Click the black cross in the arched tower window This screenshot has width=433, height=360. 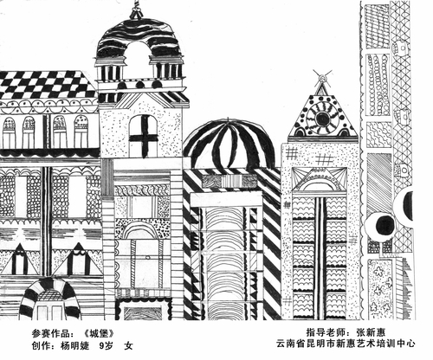(x=144, y=137)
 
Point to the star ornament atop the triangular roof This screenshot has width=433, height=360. (x=322, y=77)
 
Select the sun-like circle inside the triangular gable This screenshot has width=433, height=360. (x=322, y=118)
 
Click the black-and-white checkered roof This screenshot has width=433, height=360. (x=48, y=84)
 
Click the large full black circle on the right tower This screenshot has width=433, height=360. (x=385, y=225)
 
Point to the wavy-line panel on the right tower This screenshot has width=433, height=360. (x=379, y=135)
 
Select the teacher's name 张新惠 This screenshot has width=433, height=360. (x=371, y=332)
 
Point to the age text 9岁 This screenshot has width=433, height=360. (x=106, y=345)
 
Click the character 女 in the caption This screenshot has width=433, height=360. (x=128, y=345)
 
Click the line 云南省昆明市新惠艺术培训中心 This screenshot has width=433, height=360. (x=346, y=344)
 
